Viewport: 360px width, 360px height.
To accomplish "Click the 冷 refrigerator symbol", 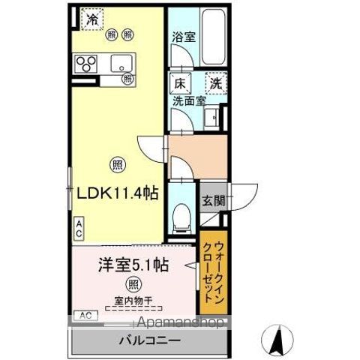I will tap(91, 19).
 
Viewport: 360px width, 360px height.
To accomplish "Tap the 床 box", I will tap(181, 83).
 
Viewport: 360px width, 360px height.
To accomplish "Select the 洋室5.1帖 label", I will tap(132, 265).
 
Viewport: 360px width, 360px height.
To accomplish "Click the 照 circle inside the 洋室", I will tap(133, 284).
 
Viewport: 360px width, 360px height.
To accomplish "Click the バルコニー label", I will tap(148, 340).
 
